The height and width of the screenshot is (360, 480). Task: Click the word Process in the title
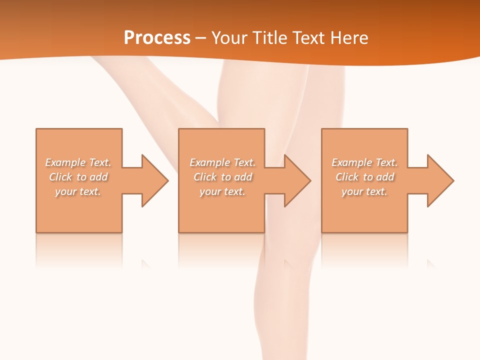coord(157,38)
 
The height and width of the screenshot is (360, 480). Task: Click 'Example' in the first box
coord(65,162)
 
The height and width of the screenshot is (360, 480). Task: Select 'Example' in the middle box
coord(209,162)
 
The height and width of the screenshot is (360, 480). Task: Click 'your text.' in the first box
coord(78,191)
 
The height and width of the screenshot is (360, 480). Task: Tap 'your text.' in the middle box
coord(222,191)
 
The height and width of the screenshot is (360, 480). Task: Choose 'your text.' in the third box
coord(364,191)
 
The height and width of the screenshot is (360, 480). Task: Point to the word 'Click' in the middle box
coord(205,177)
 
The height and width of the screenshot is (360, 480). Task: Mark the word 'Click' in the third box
coord(347,177)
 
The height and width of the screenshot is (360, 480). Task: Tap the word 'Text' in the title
coord(308,38)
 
